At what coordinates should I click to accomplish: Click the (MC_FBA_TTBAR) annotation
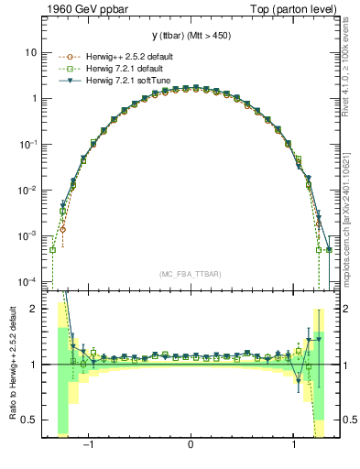(191, 274)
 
